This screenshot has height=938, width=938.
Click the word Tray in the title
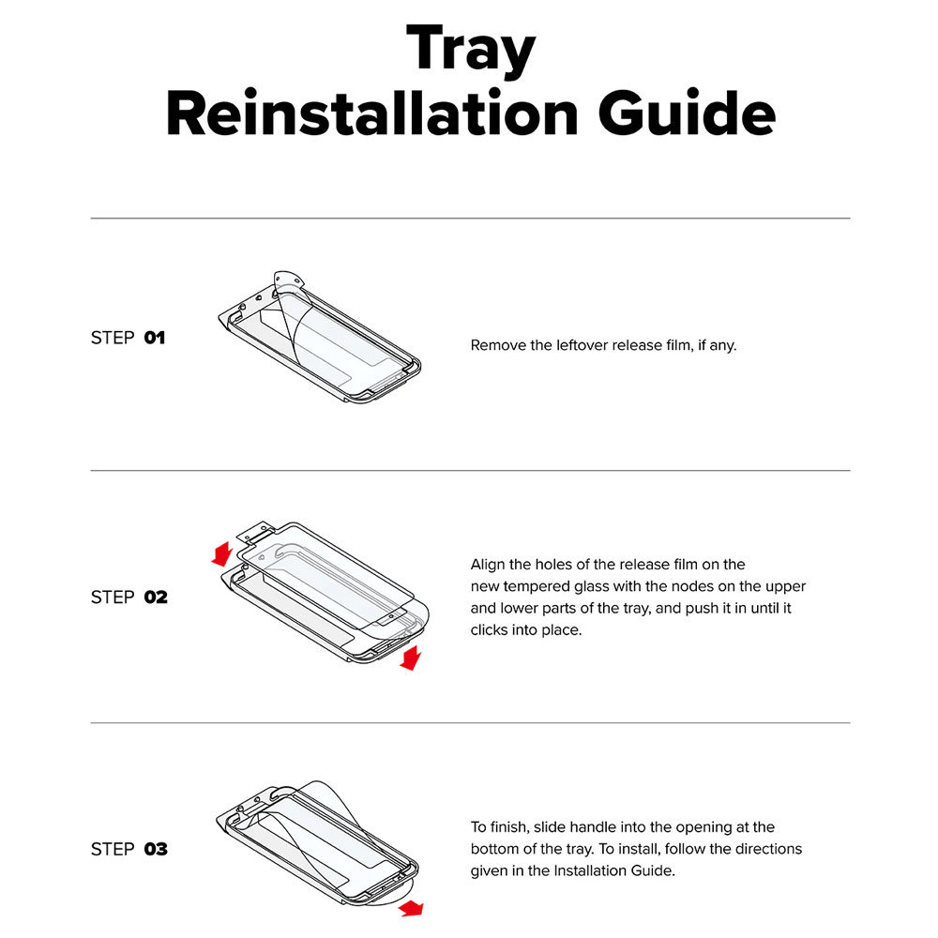tap(470, 50)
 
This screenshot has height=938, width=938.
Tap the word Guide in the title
tap(687, 113)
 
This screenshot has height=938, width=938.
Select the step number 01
tap(155, 338)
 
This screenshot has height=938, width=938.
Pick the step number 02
tap(156, 597)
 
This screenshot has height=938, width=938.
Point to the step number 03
tap(156, 849)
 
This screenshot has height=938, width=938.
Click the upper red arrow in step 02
tap(222, 554)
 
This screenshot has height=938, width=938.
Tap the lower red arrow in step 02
tap(411, 658)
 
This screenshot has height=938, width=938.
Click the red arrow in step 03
tap(411, 909)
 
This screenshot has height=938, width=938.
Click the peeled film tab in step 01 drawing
tap(287, 281)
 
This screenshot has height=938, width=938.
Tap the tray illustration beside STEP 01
tap(320, 337)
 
